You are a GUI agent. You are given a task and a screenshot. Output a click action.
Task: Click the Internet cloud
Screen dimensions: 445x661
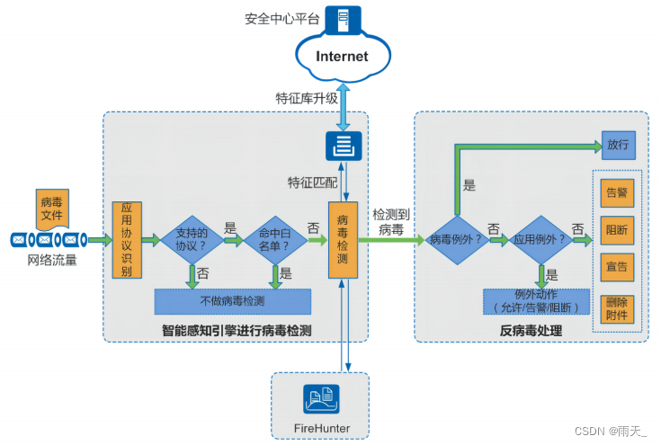[x=342, y=56]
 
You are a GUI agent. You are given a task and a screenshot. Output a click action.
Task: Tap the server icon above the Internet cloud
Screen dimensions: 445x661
[x=343, y=19]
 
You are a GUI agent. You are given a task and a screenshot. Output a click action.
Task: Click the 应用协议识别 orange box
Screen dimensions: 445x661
[x=126, y=239]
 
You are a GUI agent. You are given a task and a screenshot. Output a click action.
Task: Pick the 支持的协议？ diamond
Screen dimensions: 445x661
[x=192, y=239]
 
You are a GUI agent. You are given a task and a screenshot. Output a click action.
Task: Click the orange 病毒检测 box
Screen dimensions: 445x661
[x=343, y=239]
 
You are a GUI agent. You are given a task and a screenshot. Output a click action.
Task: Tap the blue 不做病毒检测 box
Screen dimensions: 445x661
[x=232, y=301]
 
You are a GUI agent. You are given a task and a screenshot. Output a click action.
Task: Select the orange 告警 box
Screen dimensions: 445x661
[x=617, y=191]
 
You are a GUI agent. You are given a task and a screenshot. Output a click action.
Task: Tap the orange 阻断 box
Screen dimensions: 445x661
[x=617, y=228]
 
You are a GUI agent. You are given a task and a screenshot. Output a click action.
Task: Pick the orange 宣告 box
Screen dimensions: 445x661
[x=617, y=267]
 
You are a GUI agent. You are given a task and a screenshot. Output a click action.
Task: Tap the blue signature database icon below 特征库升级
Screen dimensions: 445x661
[x=343, y=145]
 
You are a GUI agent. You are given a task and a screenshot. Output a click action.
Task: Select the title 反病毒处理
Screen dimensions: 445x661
[x=531, y=331]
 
